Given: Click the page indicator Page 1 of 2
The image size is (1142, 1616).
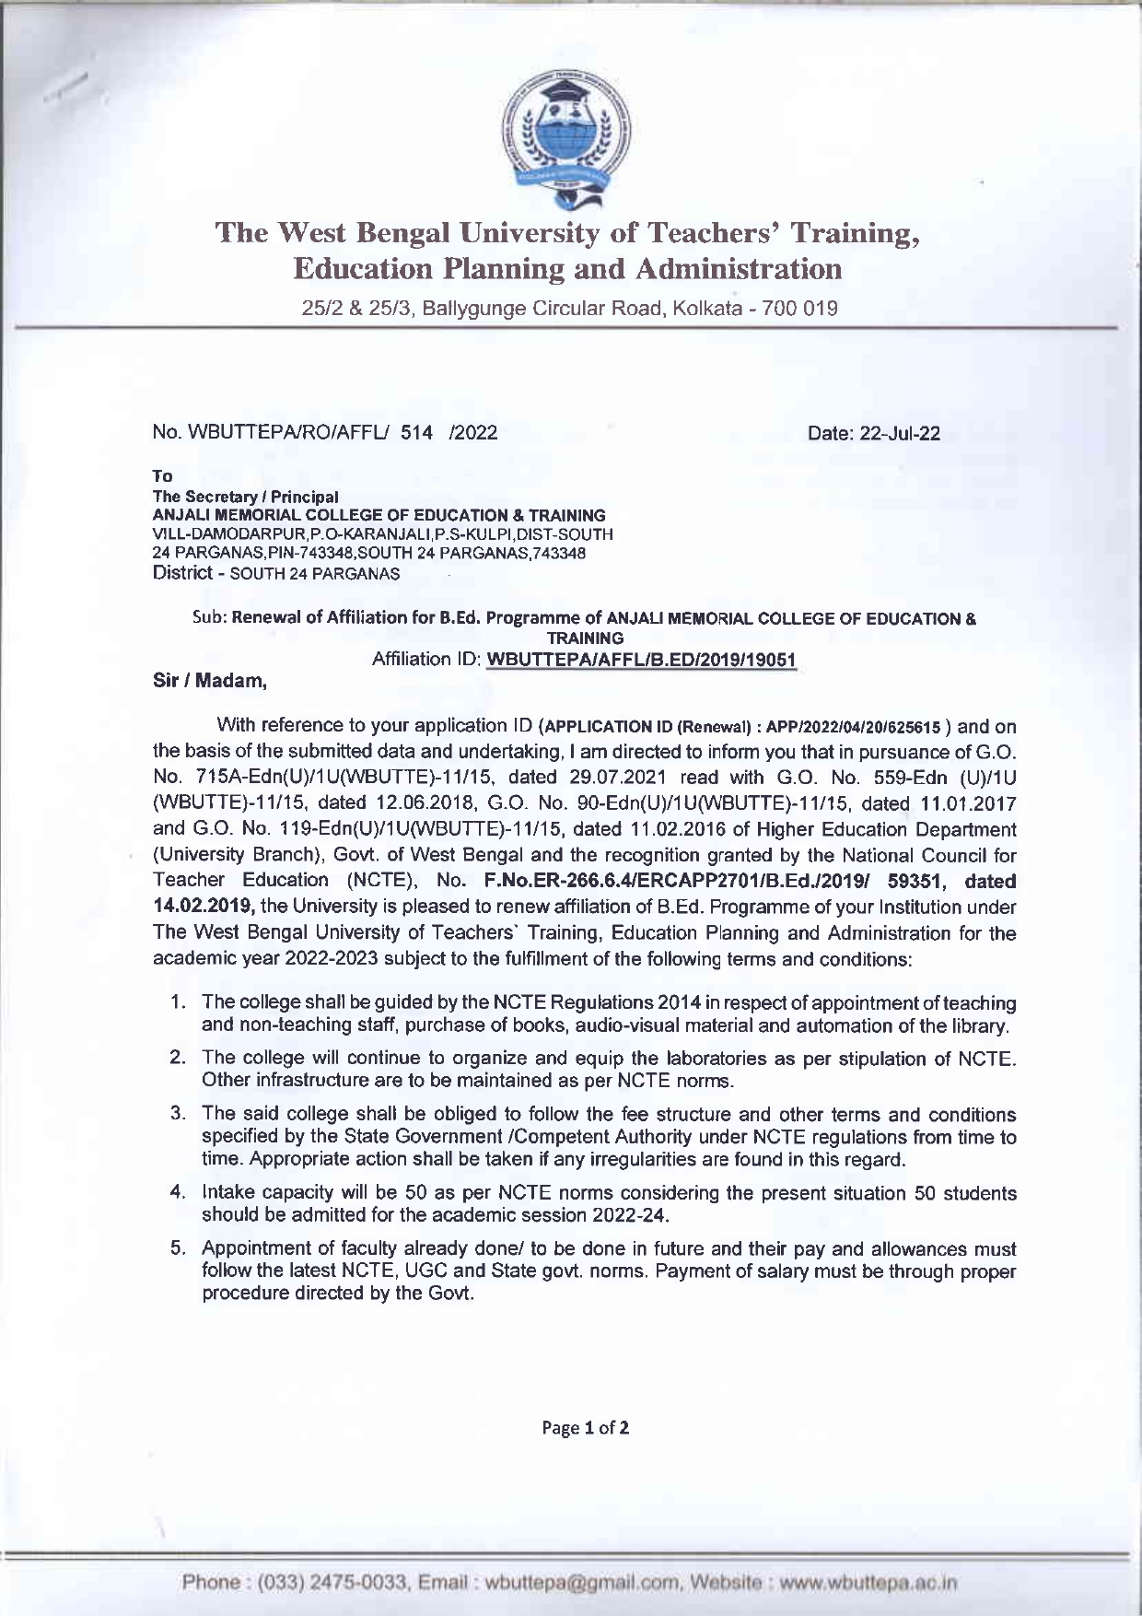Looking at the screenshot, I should click(x=586, y=1428).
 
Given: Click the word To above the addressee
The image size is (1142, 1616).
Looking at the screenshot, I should click(x=162, y=475).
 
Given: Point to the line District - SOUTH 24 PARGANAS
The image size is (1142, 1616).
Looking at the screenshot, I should click(x=275, y=573).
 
